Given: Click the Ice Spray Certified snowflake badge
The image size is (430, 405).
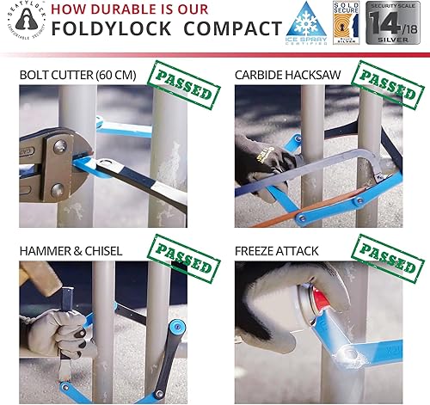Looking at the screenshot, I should pyautogui.click(x=304, y=27).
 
